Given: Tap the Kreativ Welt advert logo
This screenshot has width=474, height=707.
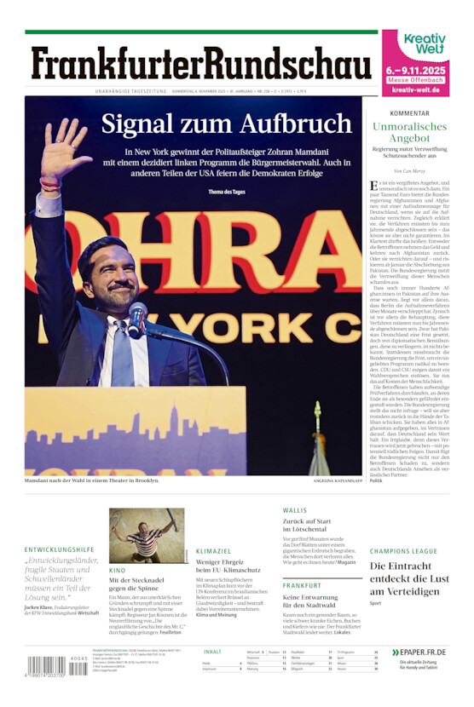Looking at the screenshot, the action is [x=425, y=44].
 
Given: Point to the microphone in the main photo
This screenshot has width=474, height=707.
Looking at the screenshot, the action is [x=136, y=319].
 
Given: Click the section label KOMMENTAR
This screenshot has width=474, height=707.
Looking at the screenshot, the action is [x=409, y=113].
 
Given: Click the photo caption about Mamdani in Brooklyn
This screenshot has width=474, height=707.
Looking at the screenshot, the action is [x=92, y=481].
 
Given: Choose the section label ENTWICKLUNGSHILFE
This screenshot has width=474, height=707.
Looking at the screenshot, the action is [x=59, y=549].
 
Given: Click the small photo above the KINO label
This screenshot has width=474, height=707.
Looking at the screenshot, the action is [x=147, y=535].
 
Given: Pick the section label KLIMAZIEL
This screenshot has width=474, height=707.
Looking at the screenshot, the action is [x=214, y=551].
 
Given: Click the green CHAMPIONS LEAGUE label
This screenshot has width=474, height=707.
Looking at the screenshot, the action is [x=403, y=550].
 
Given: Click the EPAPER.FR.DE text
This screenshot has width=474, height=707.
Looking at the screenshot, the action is [x=423, y=652].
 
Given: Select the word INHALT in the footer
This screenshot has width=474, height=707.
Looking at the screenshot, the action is [x=213, y=652].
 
